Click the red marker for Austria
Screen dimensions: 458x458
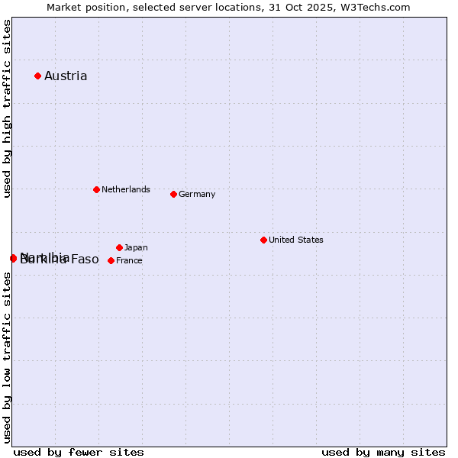(37, 76)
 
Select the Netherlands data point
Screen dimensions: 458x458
(96, 189)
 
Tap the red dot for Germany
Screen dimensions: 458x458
(173, 194)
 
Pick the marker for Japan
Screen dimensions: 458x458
(119, 247)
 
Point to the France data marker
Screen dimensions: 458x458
(111, 260)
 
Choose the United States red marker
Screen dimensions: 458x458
(263, 240)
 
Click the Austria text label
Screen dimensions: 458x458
(66, 76)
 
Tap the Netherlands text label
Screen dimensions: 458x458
(126, 189)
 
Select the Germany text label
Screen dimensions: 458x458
(197, 194)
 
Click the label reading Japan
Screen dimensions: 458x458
(136, 247)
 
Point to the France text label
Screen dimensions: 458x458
(129, 260)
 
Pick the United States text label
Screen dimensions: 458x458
(296, 240)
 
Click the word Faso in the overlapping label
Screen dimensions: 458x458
(85, 260)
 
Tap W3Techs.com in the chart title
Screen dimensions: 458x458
(376, 7)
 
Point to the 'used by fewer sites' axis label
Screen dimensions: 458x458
(79, 452)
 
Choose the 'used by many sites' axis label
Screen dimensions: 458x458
(383, 452)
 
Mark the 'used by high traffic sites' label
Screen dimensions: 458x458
(7, 109)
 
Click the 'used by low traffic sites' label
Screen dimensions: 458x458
(7, 357)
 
